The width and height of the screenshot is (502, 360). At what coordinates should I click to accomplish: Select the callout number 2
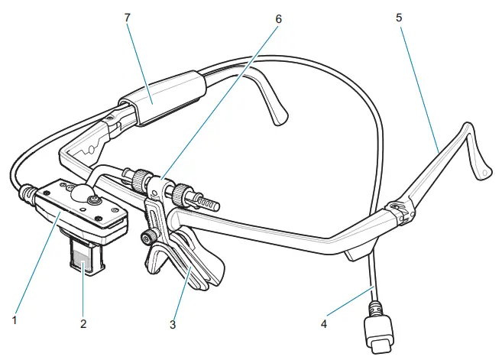point(83,324)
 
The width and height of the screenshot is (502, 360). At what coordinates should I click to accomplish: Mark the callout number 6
point(278,17)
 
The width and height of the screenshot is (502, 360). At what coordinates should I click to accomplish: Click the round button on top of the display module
point(92,200)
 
